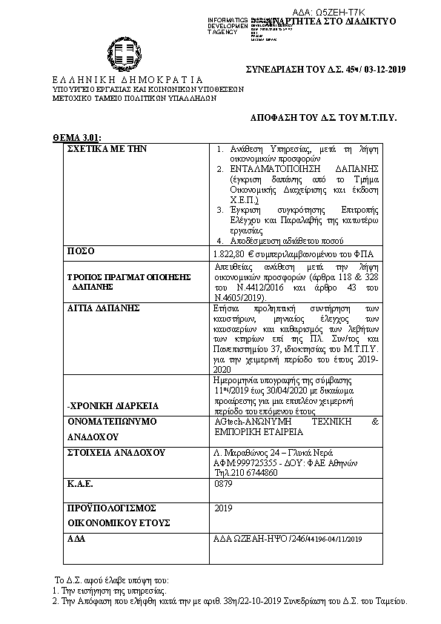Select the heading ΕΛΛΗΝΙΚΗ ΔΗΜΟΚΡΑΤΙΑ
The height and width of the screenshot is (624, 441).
[127, 79]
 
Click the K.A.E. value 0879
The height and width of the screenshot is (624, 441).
[222, 482]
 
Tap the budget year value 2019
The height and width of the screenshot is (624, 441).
[223, 508]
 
